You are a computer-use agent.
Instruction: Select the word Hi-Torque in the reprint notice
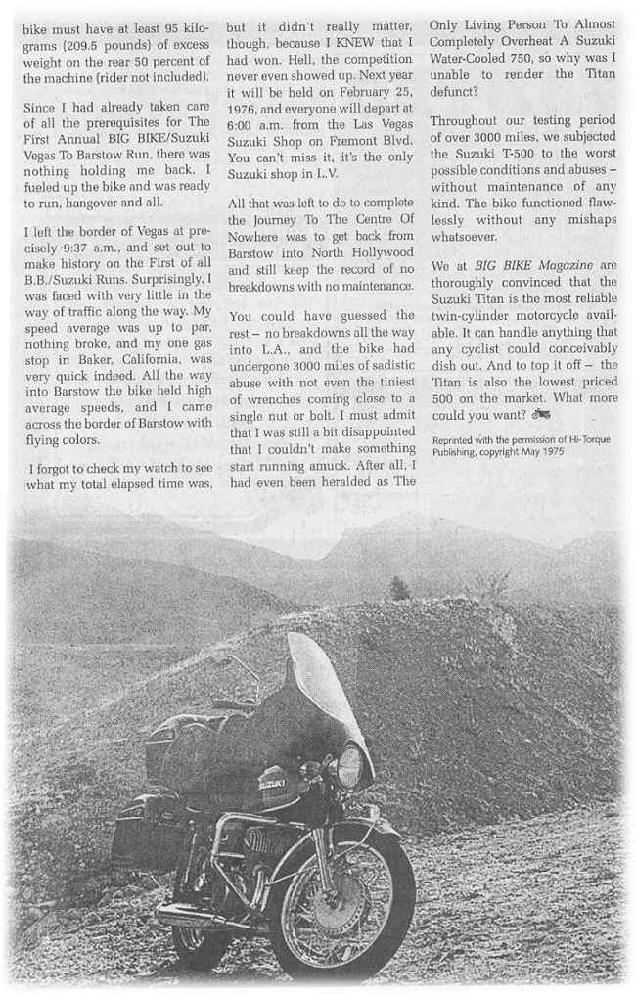[x=586, y=439]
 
